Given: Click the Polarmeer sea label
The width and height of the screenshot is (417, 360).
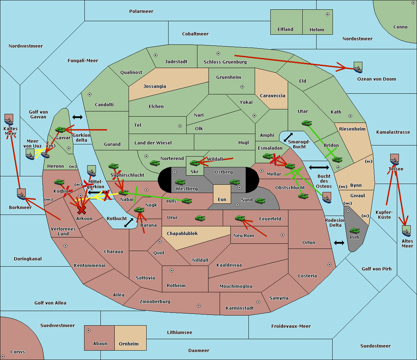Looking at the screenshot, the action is pyautogui.click(x=141, y=11).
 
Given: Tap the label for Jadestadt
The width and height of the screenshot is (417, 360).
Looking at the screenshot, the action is pyautogui.click(x=176, y=62).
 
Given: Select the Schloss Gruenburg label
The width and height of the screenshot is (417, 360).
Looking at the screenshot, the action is pyautogui.click(x=225, y=62).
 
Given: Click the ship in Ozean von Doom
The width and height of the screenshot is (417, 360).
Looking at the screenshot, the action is pyautogui.click(x=358, y=67).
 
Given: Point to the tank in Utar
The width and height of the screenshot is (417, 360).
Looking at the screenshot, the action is pyautogui.click(x=306, y=123).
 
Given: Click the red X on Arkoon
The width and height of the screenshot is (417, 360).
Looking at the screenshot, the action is pyautogui.click(x=82, y=210).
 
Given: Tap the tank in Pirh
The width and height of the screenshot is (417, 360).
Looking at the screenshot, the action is pyautogui.click(x=354, y=231).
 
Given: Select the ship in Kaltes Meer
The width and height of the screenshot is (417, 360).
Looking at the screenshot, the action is pyautogui.click(x=9, y=119).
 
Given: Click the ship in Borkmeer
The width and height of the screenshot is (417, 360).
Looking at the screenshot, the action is pyautogui.click(x=22, y=194).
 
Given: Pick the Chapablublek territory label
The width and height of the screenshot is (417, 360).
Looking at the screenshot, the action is pyautogui.click(x=182, y=233).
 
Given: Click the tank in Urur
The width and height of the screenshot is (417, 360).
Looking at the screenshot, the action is pyautogui.click(x=200, y=218).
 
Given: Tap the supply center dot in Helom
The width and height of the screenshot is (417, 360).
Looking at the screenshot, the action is pyautogui.click(x=328, y=14).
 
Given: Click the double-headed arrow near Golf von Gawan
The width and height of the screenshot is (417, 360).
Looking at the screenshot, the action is pyautogui.click(x=77, y=117).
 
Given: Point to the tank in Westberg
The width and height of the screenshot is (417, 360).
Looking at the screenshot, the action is pyautogui.click(x=180, y=182).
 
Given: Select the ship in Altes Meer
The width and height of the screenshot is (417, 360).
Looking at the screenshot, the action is pyautogui.click(x=406, y=231).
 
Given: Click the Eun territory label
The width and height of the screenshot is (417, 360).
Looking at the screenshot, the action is pyautogui.click(x=222, y=199).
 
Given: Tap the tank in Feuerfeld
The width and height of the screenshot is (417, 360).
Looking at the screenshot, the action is pyautogui.click(x=240, y=218).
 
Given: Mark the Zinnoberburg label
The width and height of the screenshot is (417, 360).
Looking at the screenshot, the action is pyautogui.click(x=155, y=301).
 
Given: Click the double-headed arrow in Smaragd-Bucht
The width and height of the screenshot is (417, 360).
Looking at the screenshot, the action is pyautogui.click(x=288, y=137).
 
